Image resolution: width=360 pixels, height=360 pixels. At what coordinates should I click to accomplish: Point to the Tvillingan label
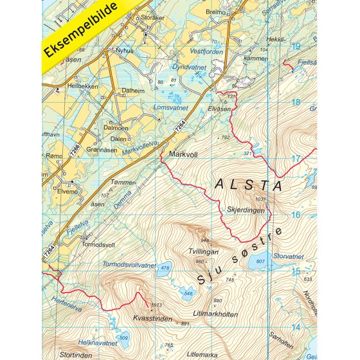204,252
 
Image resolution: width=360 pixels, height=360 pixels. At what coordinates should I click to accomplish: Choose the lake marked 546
187,292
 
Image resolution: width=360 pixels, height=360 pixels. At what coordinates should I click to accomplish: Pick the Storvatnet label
288,256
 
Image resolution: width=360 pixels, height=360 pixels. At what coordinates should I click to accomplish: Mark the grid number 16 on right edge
296,215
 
